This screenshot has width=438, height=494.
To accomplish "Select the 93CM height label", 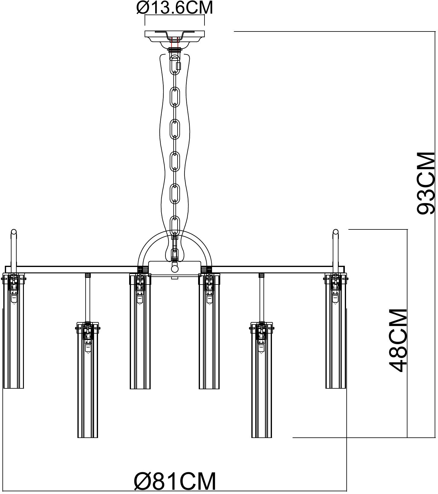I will [425, 183].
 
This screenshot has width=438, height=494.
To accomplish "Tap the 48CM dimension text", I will [398, 341].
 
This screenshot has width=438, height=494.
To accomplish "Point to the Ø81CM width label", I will [175, 481].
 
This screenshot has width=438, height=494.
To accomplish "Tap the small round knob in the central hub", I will [175, 269].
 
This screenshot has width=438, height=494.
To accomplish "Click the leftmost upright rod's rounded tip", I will [14, 232].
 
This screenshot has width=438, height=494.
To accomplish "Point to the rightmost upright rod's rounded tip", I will [335, 232].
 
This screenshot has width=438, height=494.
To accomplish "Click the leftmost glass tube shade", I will [13, 339].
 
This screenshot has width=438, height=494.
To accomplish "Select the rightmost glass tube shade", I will [335, 339].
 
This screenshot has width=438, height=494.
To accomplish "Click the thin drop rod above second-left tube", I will [88, 298].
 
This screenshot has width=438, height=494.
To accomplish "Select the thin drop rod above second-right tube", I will [262, 298].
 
